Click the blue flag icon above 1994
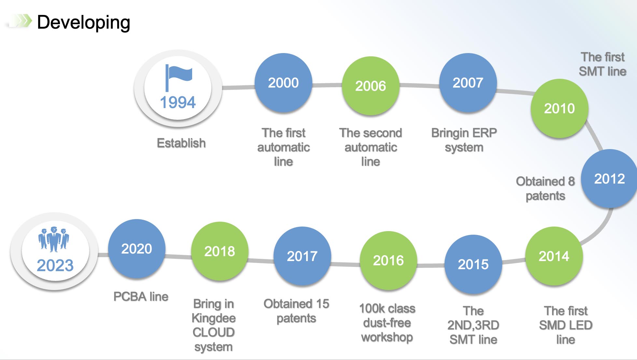(178, 78)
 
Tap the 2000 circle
(283, 83)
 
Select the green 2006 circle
(371, 86)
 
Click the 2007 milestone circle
(468, 83)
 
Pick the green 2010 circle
(559, 108)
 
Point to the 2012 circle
(609, 178)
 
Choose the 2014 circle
(554, 256)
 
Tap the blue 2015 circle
(473, 264)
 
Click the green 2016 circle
(388, 260)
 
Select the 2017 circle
(302, 256)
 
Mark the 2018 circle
(220, 251)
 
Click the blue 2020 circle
(137, 248)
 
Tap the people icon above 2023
(54, 239)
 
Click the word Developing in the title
(84, 22)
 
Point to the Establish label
(181, 143)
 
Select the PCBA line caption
(141, 297)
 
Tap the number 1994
(178, 102)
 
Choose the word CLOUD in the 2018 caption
(214, 332)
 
